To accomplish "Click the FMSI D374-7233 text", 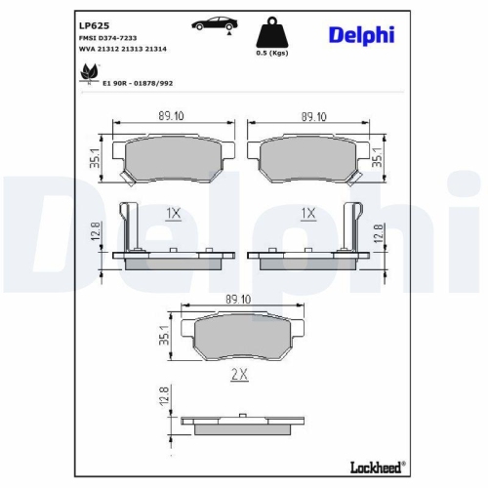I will coord(107,35).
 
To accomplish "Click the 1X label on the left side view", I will coord(174,213).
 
